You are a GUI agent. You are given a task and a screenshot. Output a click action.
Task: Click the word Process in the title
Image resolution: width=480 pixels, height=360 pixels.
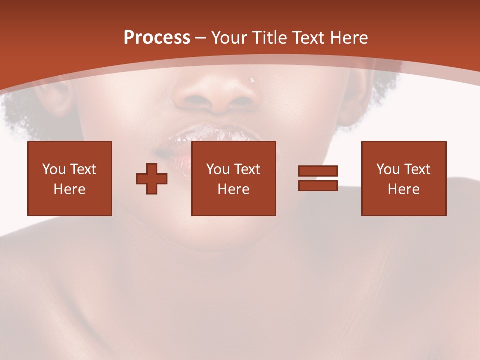(157, 38)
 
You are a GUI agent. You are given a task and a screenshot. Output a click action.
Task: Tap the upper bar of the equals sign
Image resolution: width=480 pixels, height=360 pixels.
(318, 171)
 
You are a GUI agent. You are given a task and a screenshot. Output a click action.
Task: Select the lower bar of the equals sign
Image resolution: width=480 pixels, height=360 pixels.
(318, 185)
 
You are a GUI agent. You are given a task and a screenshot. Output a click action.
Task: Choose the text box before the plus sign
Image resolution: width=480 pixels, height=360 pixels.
(70, 178)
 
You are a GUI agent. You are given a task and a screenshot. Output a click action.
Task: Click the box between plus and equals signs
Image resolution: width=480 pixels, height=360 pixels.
(233, 178)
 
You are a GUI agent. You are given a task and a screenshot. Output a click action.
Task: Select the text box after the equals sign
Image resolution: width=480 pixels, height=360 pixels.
(404, 178)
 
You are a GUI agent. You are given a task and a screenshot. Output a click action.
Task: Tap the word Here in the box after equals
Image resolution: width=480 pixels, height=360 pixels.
(404, 189)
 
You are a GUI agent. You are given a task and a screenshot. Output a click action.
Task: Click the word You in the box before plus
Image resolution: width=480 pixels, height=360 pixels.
(53, 169)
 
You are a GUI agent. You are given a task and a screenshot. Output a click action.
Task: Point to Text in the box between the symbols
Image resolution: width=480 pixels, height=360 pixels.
(247, 169)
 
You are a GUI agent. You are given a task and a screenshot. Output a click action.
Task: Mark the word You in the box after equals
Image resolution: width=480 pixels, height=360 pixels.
(387, 169)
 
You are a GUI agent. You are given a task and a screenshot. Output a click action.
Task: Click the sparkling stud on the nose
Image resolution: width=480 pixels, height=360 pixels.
(252, 79)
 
